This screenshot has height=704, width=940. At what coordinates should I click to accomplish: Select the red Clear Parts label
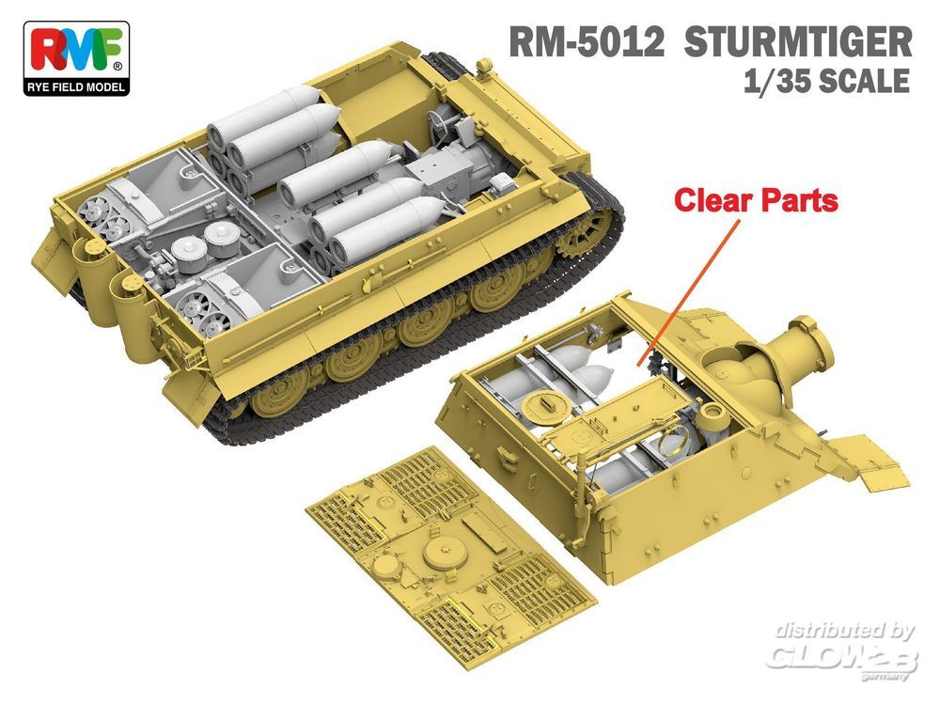coord(756,200)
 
